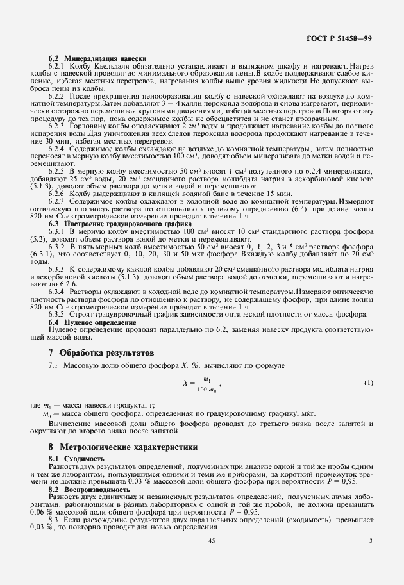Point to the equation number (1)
[369, 383]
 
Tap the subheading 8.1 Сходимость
[76, 459]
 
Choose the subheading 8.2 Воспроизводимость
[89, 490]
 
